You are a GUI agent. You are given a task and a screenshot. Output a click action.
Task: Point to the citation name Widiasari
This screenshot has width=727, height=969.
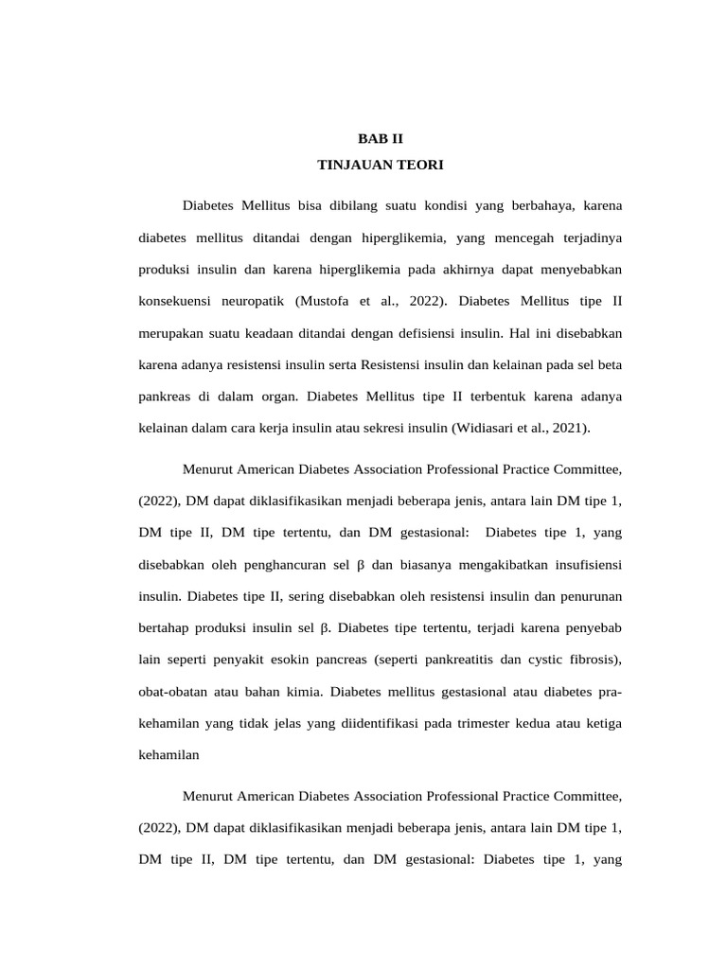click(x=487, y=428)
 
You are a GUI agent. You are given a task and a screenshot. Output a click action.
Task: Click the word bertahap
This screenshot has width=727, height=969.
click(x=165, y=627)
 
